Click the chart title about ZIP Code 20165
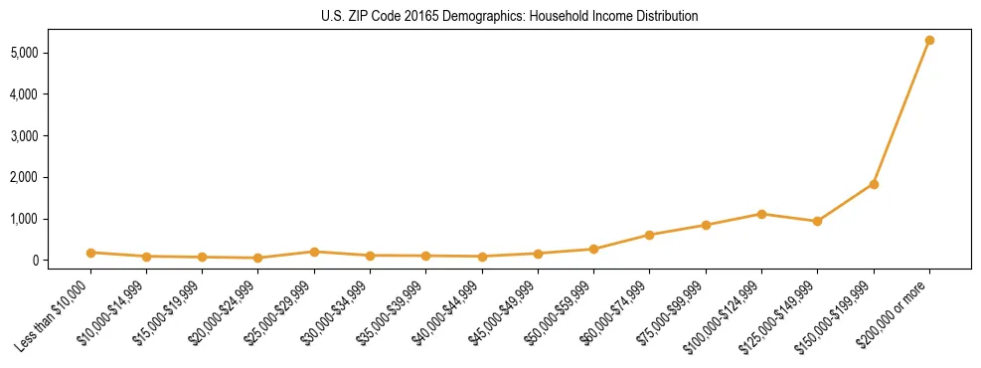tap(510, 16)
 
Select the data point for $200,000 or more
tap(929, 40)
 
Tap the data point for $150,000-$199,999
tap(874, 184)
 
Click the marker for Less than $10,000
tap(90, 253)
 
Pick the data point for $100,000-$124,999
tap(761, 214)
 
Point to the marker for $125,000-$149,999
tap(817, 221)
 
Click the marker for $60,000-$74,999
tap(649, 235)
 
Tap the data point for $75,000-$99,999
tap(706, 225)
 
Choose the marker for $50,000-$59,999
tap(593, 249)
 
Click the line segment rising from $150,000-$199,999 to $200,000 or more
tap(901, 112)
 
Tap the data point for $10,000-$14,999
tap(146, 257)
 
